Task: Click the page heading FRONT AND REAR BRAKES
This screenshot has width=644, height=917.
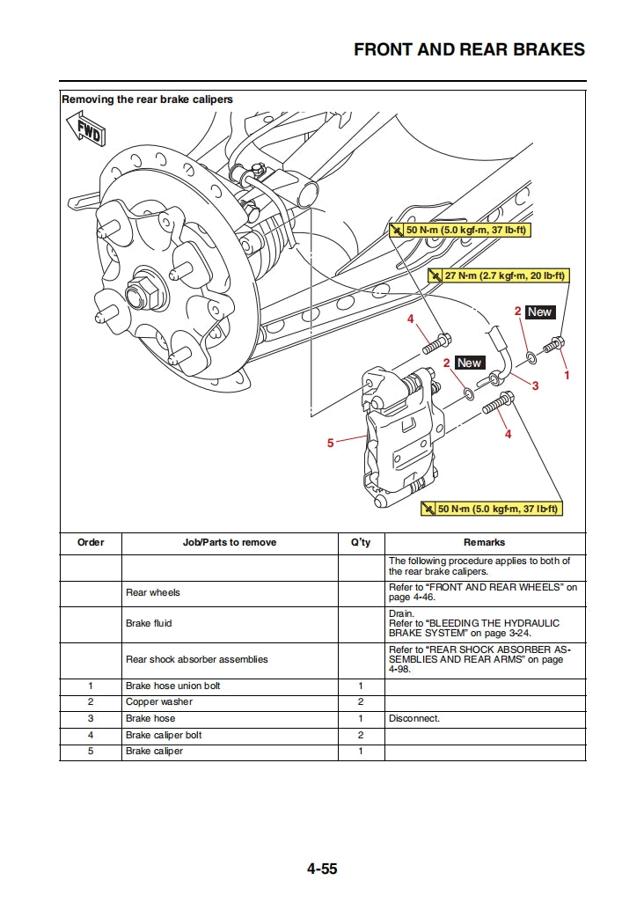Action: [x=469, y=49]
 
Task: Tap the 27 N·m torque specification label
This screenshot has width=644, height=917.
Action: [x=499, y=275]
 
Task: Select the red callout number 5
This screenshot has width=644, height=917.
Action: [x=331, y=443]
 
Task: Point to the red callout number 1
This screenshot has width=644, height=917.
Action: [x=567, y=375]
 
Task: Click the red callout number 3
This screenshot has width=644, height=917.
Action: [x=535, y=385]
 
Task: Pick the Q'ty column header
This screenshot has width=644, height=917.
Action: [x=361, y=542]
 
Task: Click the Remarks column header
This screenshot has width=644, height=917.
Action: [x=484, y=542]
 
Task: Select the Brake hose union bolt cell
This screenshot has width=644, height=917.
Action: [x=173, y=686]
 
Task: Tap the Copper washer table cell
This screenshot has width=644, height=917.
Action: [x=159, y=702]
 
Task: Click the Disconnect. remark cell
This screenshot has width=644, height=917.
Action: [x=414, y=718]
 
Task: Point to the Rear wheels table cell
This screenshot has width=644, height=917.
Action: [x=153, y=592]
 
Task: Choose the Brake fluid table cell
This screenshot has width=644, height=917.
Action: [x=149, y=623]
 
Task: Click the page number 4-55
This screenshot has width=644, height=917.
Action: [x=322, y=869]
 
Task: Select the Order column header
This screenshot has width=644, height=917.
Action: [x=91, y=542]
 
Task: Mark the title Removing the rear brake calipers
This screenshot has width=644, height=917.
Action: [x=147, y=99]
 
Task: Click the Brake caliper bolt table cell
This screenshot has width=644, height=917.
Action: [x=164, y=735]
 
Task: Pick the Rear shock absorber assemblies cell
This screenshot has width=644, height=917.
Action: [x=197, y=659]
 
